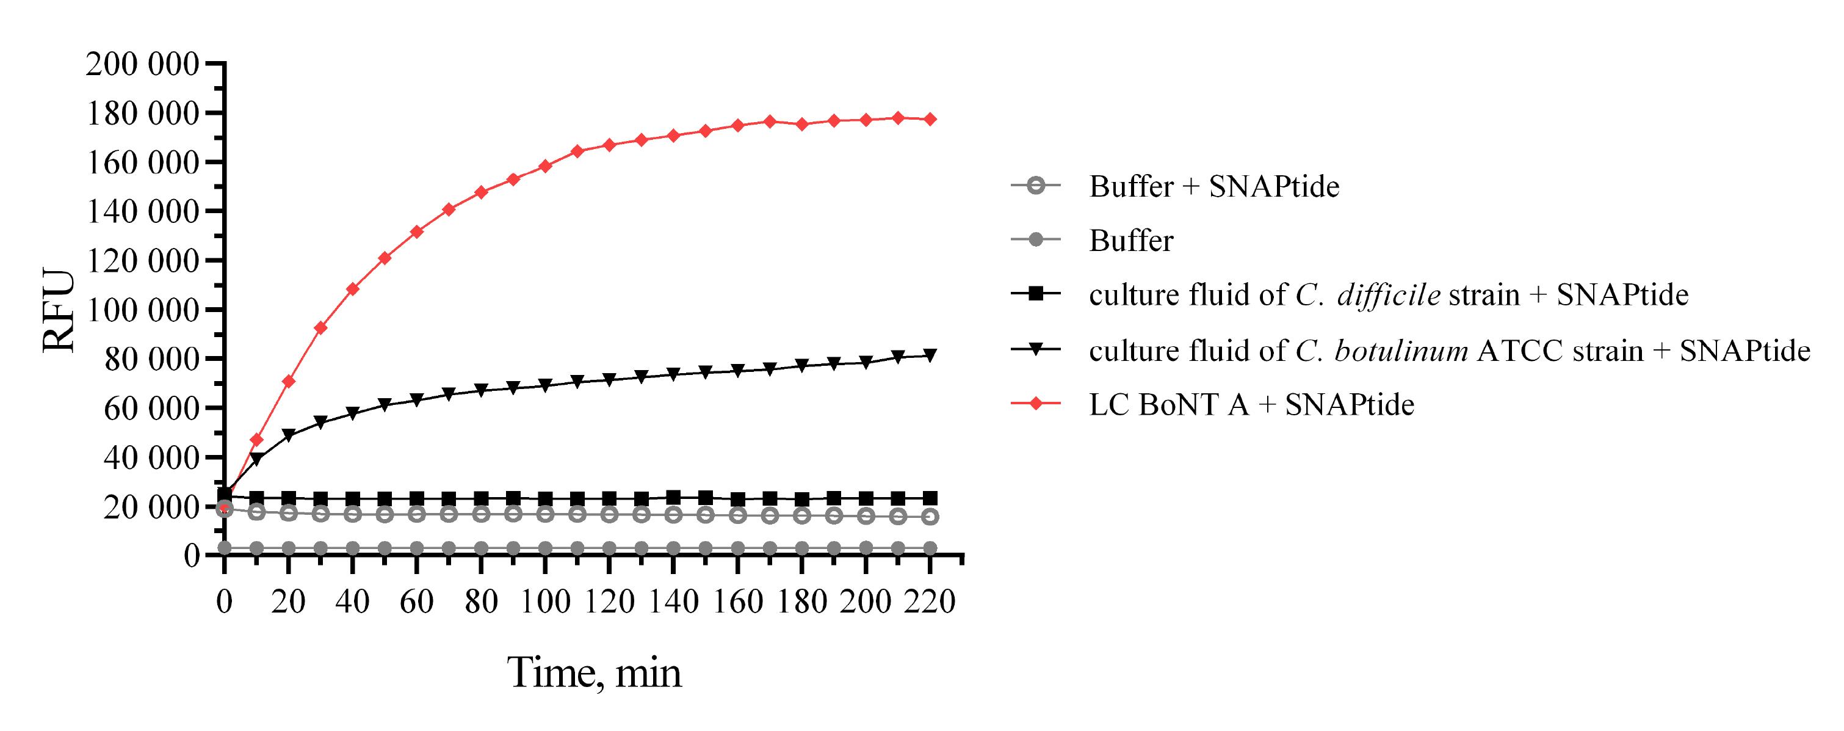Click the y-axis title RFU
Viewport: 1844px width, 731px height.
pos(59,310)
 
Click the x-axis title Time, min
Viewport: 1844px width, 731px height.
pos(594,672)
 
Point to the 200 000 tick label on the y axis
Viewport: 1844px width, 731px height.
pos(142,65)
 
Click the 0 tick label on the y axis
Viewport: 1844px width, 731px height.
pos(191,555)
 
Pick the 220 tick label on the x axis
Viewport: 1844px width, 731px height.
pos(930,602)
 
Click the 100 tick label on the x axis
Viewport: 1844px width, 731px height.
pos(544,602)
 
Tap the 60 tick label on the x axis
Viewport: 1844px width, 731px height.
pos(417,602)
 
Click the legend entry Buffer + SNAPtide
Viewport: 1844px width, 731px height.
pos(1213,186)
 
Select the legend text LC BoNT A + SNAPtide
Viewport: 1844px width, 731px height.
pos(1251,404)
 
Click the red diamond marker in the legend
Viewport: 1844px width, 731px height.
pos(1035,404)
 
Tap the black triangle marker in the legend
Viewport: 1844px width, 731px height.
pos(1035,349)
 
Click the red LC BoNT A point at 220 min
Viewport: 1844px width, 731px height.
pos(930,119)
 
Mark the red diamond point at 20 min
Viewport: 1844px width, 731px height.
pos(289,381)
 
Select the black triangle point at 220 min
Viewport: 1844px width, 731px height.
pos(930,355)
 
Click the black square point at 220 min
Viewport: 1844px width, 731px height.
pos(930,498)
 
